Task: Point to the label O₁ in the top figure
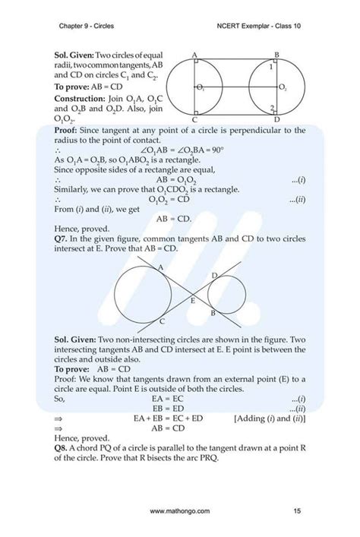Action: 200,89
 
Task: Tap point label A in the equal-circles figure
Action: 195,55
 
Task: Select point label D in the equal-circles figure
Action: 276,120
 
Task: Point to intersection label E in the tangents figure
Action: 192,302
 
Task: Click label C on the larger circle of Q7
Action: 164,322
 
